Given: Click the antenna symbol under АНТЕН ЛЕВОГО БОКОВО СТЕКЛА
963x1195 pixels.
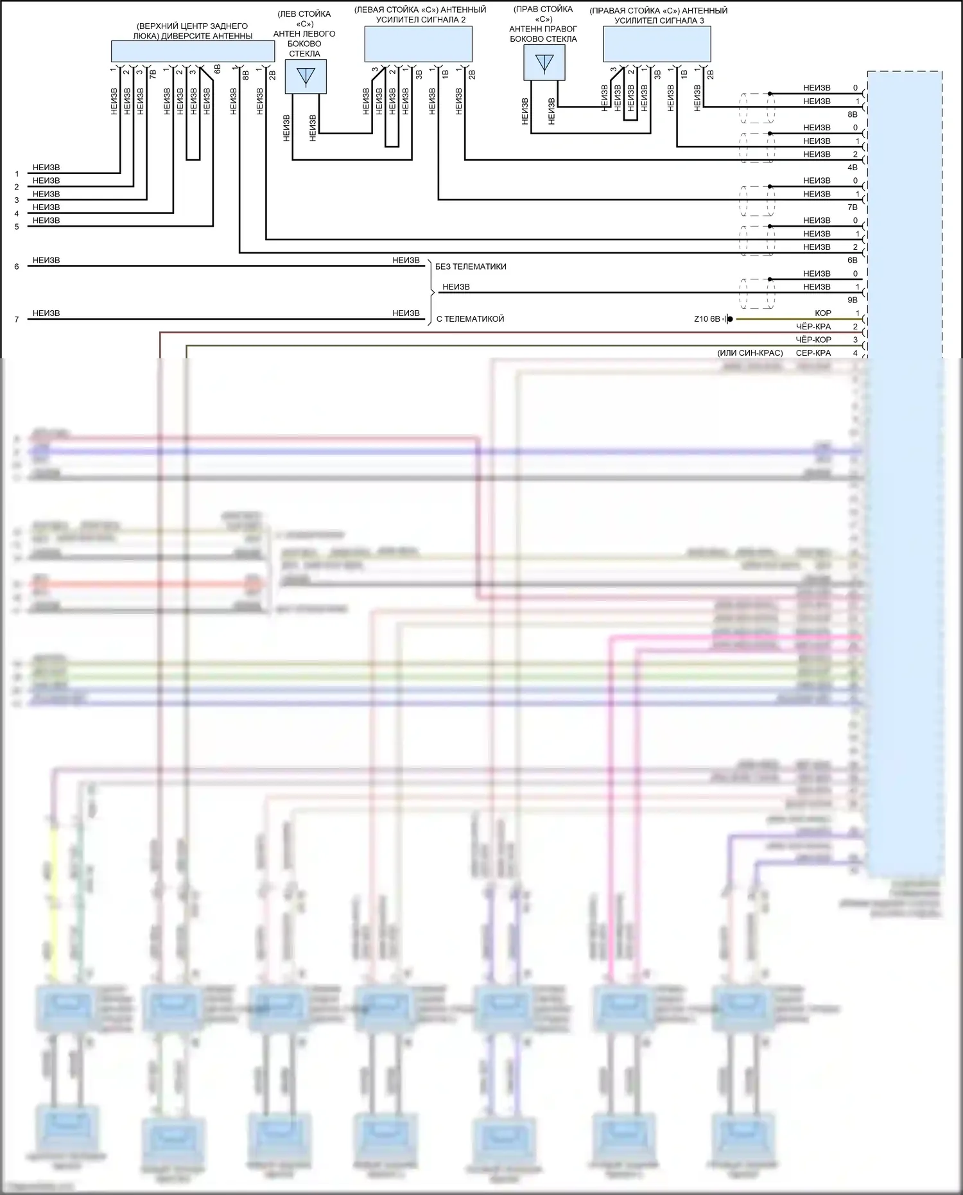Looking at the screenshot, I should pyautogui.click(x=306, y=76).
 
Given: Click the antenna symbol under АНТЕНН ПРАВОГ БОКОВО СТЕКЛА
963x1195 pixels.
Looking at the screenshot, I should pyautogui.click(x=544, y=63).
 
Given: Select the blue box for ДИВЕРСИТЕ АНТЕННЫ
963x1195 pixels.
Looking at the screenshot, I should pyautogui.click(x=193, y=51).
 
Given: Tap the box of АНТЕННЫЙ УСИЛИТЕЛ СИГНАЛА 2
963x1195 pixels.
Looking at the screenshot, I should pyautogui.click(x=418, y=44).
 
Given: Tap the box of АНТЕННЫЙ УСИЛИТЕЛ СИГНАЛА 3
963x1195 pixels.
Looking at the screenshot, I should pyautogui.click(x=657, y=44).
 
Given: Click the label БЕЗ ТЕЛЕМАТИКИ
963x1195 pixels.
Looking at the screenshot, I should pyautogui.click(x=471, y=266).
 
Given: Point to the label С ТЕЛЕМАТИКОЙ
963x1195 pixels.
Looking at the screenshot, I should pyautogui.click(x=470, y=318).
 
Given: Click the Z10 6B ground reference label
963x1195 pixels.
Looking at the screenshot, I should pyautogui.click(x=707, y=319).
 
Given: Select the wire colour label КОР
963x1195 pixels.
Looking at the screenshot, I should pyautogui.click(x=822, y=313).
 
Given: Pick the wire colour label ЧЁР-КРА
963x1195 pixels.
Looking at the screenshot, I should pyautogui.click(x=813, y=326).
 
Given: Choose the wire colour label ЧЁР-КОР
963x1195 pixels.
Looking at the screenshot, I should pyautogui.click(x=813, y=340).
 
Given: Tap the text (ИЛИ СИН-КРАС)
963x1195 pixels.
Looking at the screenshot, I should pyautogui.click(x=750, y=353).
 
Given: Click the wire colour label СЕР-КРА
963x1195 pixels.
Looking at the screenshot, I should pyautogui.click(x=813, y=353).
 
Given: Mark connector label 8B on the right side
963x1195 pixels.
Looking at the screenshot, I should pyautogui.click(x=852, y=114).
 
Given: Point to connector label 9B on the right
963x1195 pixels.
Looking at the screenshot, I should pyautogui.click(x=852, y=300).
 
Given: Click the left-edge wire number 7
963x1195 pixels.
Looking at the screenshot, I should pyautogui.click(x=17, y=319).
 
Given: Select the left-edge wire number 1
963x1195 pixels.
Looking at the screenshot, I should pyautogui.click(x=17, y=174).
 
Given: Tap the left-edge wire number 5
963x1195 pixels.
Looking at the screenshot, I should pyautogui.click(x=17, y=227).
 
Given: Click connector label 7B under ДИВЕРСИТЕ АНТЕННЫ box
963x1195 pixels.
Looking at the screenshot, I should pyautogui.click(x=153, y=74).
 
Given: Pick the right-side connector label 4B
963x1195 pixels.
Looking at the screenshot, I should pyautogui.click(x=852, y=168).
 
